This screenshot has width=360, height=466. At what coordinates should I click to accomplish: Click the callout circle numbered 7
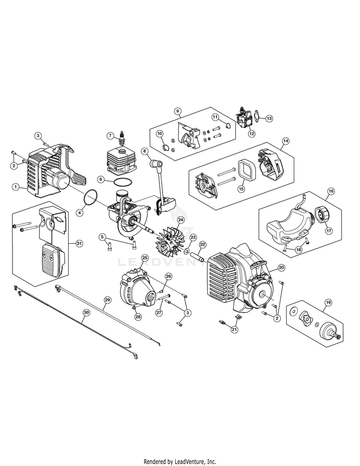[x=110, y=136]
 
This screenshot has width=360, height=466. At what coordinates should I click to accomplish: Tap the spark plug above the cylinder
[x=121, y=139]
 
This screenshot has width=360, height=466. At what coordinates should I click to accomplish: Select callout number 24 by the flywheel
[x=180, y=220]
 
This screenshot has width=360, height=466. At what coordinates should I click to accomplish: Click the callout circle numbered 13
[x=269, y=118]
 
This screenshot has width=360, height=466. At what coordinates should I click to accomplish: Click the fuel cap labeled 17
[x=321, y=214]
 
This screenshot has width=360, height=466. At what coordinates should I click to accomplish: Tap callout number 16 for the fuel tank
[x=331, y=191]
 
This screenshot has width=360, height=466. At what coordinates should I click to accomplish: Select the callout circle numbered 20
[x=281, y=267]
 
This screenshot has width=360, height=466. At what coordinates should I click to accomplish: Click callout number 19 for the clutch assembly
[x=328, y=302]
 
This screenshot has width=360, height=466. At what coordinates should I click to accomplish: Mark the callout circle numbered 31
[x=79, y=243]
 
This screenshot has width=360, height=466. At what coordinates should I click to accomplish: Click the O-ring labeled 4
[x=91, y=197]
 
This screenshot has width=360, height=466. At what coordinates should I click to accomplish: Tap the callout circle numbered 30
[x=86, y=312]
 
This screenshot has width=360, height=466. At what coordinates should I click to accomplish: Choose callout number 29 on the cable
[x=108, y=300]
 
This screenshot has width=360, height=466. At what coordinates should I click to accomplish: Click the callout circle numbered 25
[x=145, y=257]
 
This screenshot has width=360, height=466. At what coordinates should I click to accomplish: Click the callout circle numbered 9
[x=178, y=111]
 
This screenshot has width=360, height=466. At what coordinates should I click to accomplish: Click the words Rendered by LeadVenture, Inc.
[x=180, y=462]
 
